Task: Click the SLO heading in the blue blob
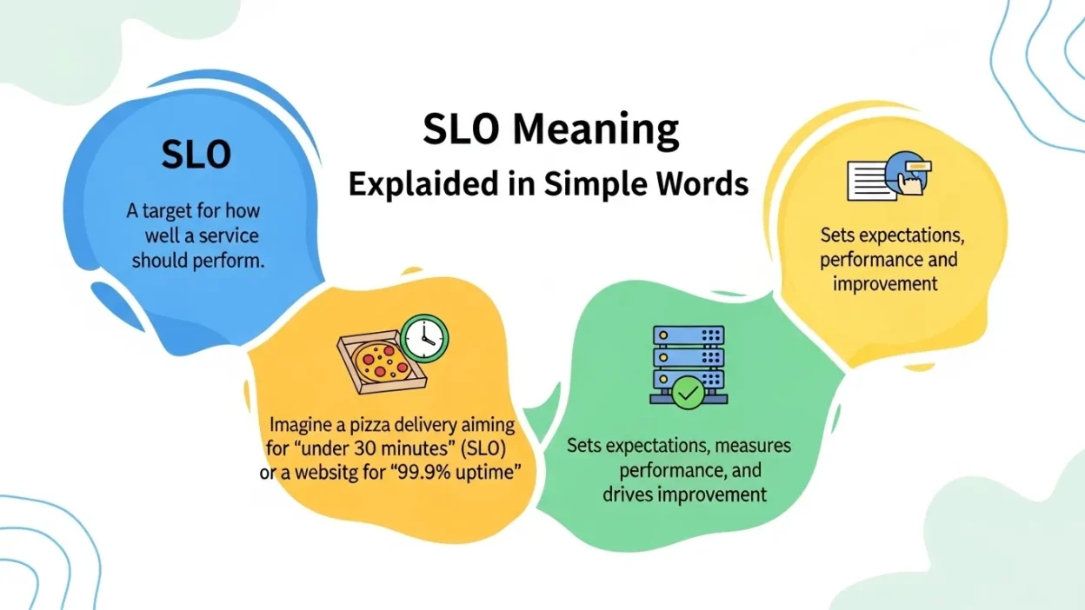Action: click(x=196, y=155)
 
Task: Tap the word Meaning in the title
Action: click(x=596, y=130)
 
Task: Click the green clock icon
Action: click(x=425, y=338)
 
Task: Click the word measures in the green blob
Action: click(x=756, y=446)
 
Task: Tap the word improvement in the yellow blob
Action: click(x=885, y=283)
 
